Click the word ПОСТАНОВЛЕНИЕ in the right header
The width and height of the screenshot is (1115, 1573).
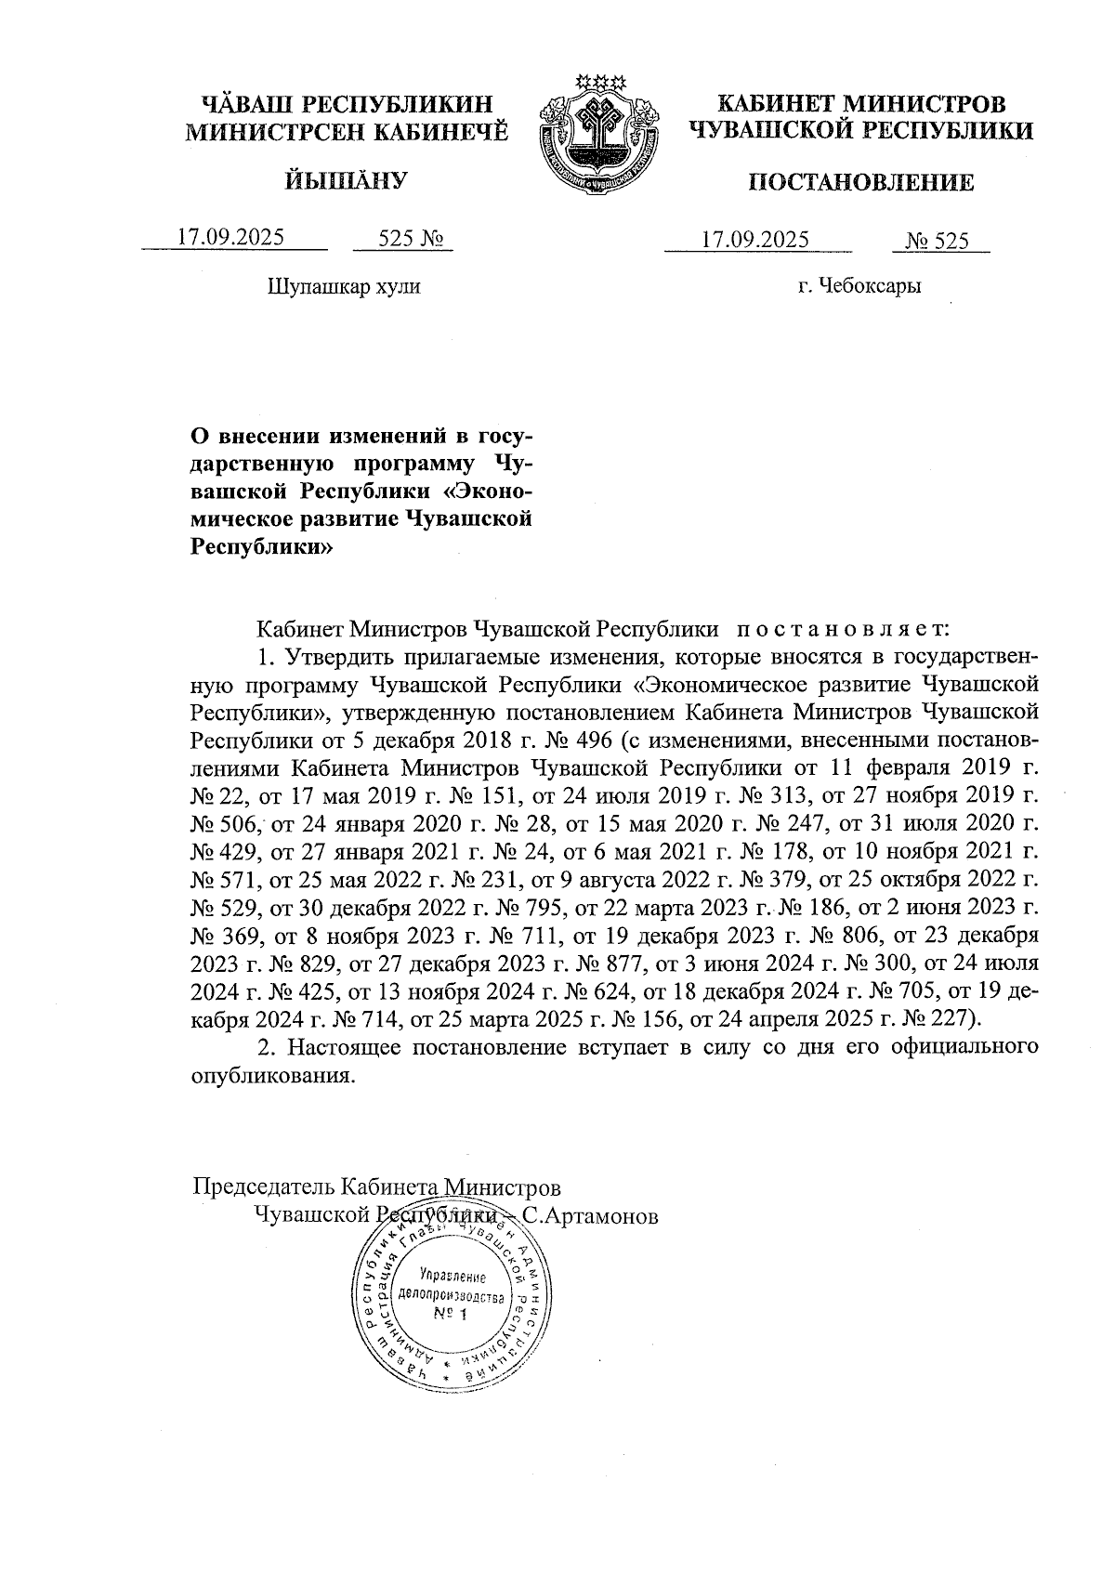(861, 182)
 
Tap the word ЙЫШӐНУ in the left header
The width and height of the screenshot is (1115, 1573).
(345, 179)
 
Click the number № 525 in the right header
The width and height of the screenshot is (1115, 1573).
(937, 242)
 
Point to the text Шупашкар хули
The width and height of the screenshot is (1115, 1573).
(344, 286)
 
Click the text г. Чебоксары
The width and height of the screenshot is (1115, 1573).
(859, 286)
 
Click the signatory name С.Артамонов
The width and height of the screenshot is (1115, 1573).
(590, 1215)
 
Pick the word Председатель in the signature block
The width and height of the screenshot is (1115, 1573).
(264, 1187)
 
